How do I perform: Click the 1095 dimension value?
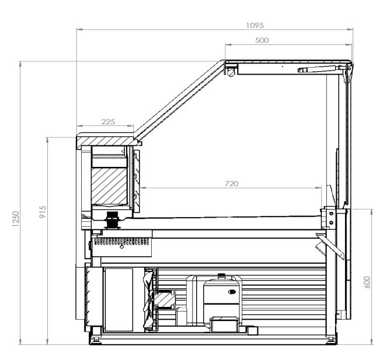point(255,26)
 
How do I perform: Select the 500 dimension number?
point(262,40)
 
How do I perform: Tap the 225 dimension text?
point(108,121)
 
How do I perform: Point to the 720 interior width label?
point(232,184)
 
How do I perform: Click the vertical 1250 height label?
point(16,219)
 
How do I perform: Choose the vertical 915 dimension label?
point(43,212)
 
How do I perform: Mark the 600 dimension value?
point(367,282)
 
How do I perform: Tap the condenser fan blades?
point(148,299)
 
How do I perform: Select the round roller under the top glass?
point(231,72)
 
